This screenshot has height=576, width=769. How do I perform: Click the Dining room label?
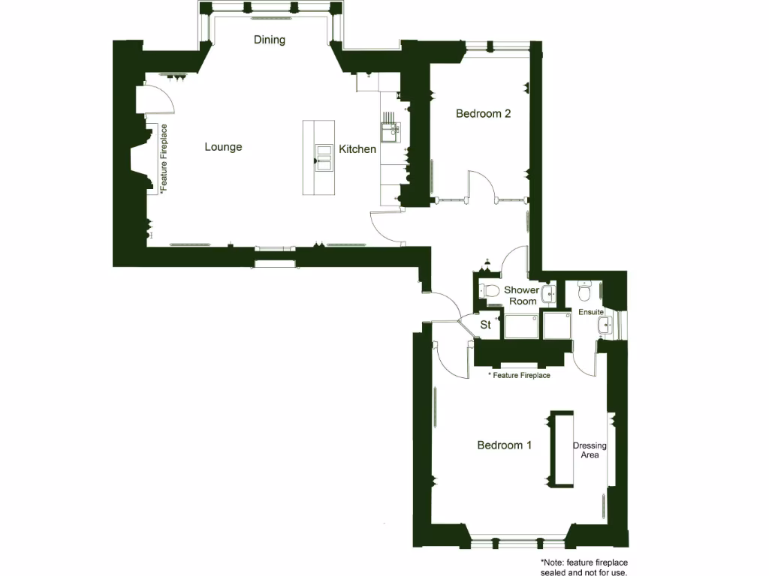click(270, 40)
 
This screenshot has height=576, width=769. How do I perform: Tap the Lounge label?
click(223, 147)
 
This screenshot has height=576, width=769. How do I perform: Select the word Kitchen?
click(357, 149)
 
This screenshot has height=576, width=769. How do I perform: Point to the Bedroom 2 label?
click(484, 114)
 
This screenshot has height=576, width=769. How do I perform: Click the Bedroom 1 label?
click(505, 445)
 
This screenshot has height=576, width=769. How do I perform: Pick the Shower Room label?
click(521, 295)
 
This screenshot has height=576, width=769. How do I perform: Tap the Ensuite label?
click(591, 311)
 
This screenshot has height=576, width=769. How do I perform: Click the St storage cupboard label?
click(485, 325)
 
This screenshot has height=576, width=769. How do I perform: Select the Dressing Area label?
click(590, 450)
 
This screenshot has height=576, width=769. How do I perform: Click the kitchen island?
click(318, 157)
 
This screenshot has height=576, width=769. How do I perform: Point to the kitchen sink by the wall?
click(391, 133)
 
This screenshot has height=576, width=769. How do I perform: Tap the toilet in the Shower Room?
click(491, 291)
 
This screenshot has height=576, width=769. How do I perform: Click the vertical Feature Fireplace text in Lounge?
click(164, 159)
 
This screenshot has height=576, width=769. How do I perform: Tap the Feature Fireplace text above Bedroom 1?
click(519, 375)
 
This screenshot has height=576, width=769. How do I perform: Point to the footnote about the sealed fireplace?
click(584, 567)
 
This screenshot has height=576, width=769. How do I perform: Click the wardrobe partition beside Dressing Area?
click(561, 448)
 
